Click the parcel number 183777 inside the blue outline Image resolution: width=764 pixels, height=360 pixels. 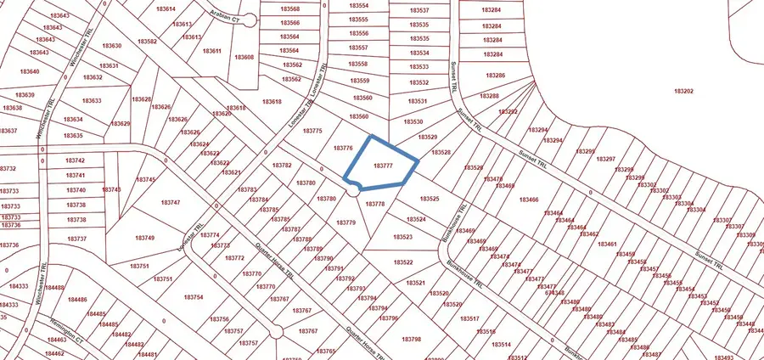tap(384, 166)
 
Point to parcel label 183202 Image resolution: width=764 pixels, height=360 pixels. tap(684, 91)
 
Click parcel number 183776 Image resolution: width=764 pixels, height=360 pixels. tap(344, 148)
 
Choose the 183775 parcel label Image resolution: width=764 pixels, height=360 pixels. tap(313, 131)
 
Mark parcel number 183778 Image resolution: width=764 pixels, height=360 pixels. tap(375, 204)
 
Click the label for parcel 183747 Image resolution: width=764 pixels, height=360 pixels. tap(170, 202)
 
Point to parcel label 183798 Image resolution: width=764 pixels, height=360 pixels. tap(410, 339)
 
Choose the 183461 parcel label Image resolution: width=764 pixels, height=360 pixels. tap(607, 245)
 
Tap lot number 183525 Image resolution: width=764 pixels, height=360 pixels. tap(430, 199)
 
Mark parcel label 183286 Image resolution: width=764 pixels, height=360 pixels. tap(495, 76)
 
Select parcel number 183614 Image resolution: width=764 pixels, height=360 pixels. tap(166, 8)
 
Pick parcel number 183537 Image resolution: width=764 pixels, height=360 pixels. tap(419, 10)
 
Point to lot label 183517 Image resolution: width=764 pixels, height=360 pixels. tap(470, 318)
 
